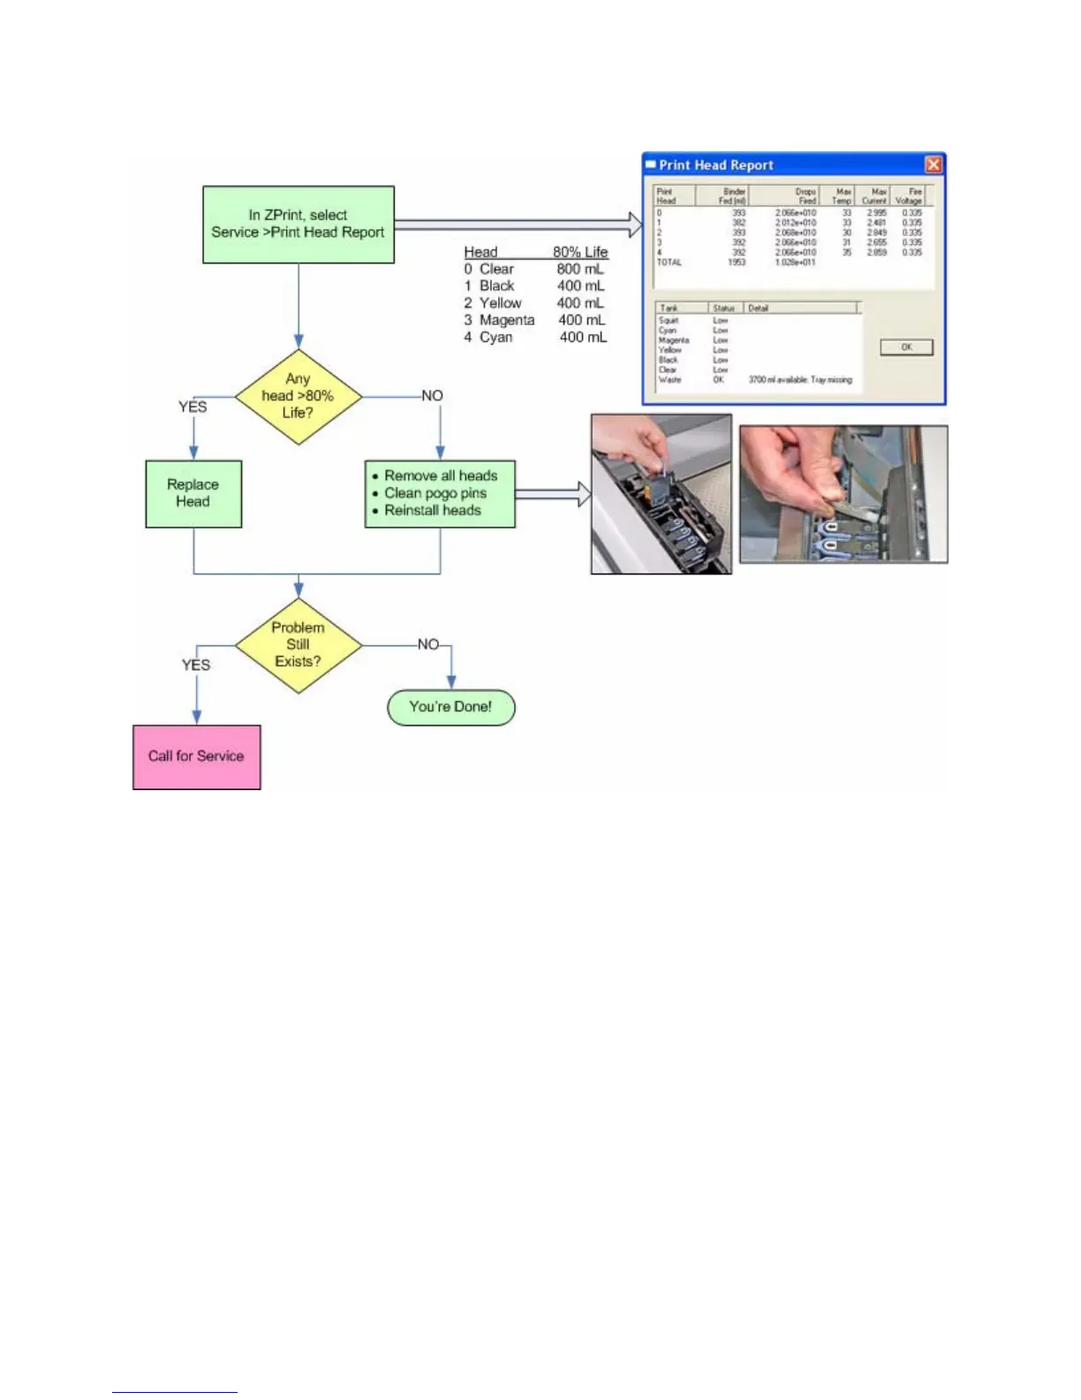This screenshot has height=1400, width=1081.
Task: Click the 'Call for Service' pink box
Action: pyautogui.click(x=196, y=757)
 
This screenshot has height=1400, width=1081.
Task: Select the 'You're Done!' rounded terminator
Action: pyautogui.click(x=450, y=707)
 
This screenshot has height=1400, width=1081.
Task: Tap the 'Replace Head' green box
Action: pyautogui.click(x=193, y=493)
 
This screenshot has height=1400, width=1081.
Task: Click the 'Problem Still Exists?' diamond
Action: pyautogui.click(x=299, y=644)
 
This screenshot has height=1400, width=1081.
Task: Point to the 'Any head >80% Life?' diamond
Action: pyautogui.click(x=299, y=396)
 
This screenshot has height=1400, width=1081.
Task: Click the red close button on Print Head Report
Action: pyautogui.click(x=933, y=165)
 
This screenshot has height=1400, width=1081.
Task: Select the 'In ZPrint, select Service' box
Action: pyautogui.click(x=299, y=224)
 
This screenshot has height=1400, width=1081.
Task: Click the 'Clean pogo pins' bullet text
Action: pyautogui.click(x=435, y=493)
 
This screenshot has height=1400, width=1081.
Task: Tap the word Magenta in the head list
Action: pyautogui.click(x=507, y=320)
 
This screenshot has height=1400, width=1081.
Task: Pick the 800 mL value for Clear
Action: pyautogui.click(x=580, y=269)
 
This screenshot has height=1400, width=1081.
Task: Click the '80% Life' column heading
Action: pyautogui.click(x=580, y=252)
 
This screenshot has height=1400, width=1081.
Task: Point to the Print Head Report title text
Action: pyautogui.click(x=716, y=165)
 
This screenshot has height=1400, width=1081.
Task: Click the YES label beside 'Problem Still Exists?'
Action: pyautogui.click(x=196, y=665)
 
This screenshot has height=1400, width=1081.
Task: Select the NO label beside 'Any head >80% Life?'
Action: pyautogui.click(x=432, y=396)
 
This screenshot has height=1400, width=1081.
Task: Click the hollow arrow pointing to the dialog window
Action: pyautogui.click(x=633, y=224)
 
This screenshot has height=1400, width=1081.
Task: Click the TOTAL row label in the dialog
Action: pyautogui.click(x=669, y=262)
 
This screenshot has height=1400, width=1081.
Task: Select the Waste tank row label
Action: pyautogui.click(x=669, y=380)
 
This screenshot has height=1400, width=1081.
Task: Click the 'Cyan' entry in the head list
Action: pyautogui.click(x=496, y=337)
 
